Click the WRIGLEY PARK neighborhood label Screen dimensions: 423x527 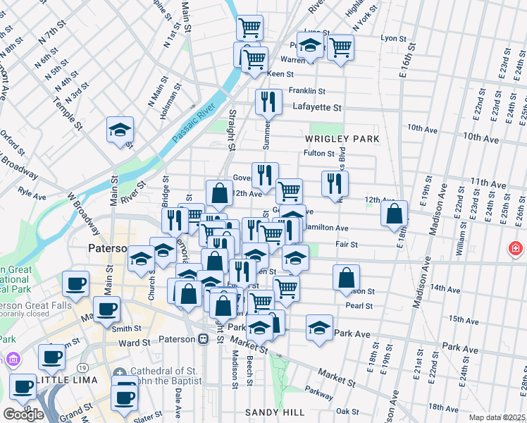pos(342,139)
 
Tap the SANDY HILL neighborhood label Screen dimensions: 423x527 pos(275,412)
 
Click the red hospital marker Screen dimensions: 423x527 pos(516,249)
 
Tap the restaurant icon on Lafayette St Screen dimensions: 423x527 pos(268,102)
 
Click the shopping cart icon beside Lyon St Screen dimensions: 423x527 pos(340,48)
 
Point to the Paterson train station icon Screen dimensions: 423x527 pos(203,339)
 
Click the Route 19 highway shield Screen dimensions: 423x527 pos(83,368)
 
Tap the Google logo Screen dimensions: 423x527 pos(23,414)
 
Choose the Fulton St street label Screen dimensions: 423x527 pos(318,153)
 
